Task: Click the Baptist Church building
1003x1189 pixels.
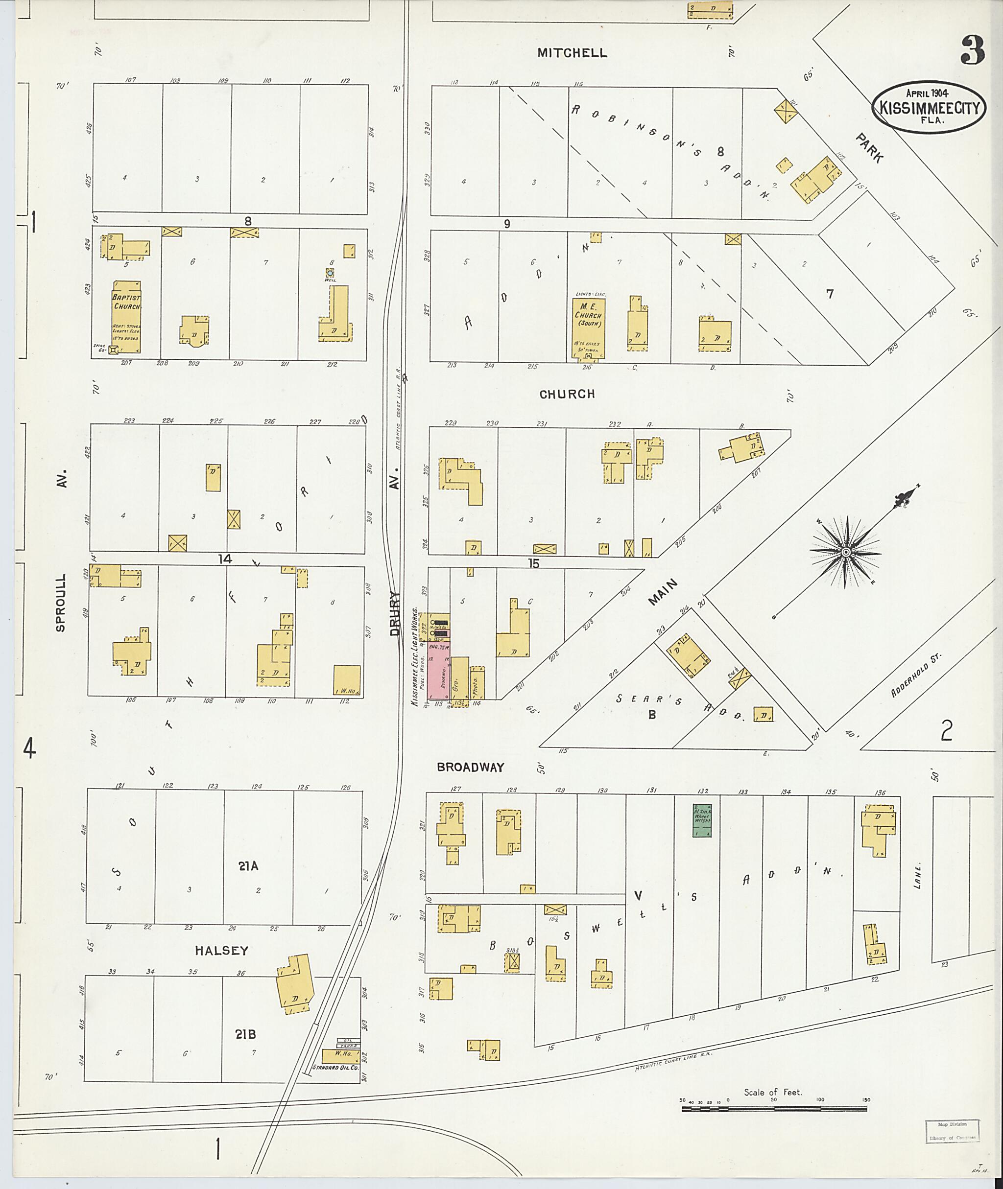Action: pos(126,317)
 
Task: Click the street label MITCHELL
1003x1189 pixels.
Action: pos(572,53)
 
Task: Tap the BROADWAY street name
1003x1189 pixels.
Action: pos(470,767)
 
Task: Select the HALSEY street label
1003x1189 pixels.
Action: pos(221,950)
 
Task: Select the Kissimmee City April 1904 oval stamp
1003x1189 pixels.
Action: pos(929,107)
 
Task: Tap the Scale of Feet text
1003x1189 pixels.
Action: pos(773,1092)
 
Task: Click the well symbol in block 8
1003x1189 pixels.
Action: pos(329,273)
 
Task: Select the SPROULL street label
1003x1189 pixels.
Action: pos(61,603)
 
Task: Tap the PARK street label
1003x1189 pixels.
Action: pos(870,148)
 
